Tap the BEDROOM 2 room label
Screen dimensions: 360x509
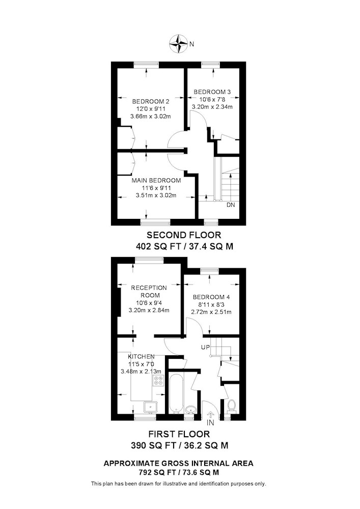pyautogui.click(x=151, y=101)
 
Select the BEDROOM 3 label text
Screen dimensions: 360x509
pyautogui.click(x=212, y=92)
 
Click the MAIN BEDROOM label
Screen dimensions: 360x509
pyautogui.click(x=156, y=181)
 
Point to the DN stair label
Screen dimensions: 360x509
pyautogui.click(x=231, y=205)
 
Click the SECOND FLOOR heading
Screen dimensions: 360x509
pyautogui.click(x=184, y=235)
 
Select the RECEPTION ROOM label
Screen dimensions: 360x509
pyautogui.click(x=149, y=292)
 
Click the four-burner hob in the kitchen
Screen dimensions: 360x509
pyautogui.click(x=159, y=380)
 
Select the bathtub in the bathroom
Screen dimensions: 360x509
pyautogui.click(x=177, y=394)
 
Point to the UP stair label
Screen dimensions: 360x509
pyautogui.click(x=205, y=347)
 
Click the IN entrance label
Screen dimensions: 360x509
pyautogui.click(x=210, y=422)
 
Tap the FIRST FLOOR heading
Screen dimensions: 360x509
pyautogui.click(x=179, y=434)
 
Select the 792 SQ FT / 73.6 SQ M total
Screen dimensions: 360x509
pyautogui.click(x=179, y=472)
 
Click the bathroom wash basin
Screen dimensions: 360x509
pyautogui.click(x=190, y=410)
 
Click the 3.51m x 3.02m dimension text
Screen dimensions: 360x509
pyautogui.click(x=156, y=195)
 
